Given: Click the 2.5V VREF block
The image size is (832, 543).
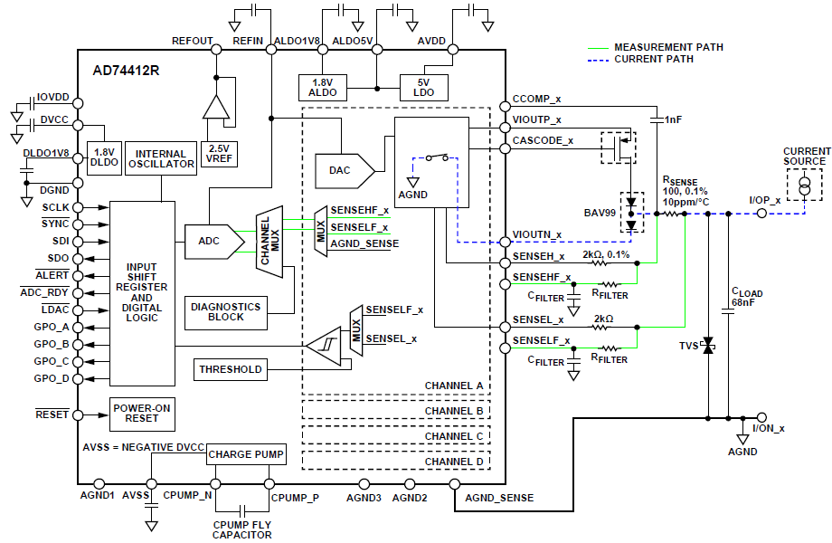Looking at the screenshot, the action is (219, 154).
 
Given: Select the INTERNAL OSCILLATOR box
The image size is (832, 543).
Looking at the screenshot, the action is (161, 158).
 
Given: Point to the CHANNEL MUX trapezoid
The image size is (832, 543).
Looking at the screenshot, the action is (269, 241).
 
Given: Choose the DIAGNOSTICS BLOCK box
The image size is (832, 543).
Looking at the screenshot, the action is (226, 312).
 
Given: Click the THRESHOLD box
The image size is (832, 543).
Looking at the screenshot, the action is (231, 369).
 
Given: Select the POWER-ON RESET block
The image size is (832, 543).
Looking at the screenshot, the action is (142, 414).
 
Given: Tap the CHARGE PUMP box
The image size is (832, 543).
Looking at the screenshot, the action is (246, 454).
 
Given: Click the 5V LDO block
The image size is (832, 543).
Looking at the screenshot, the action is (423, 88).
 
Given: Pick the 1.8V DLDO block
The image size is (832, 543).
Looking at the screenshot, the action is (104, 157).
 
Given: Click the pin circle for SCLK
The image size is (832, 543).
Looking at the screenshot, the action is (78, 207).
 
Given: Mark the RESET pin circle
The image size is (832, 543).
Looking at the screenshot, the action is (78, 415).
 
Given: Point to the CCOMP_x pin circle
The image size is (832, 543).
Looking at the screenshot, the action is (506, 106).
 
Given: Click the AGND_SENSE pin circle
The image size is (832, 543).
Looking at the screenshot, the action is (455, 484).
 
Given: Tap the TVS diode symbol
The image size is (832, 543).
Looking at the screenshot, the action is (708, 346).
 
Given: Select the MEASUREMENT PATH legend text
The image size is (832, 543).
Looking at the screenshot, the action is (668, 47).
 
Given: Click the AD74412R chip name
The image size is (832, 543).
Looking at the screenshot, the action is (126, 70).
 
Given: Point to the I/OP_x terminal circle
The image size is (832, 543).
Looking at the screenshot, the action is (761, 214).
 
